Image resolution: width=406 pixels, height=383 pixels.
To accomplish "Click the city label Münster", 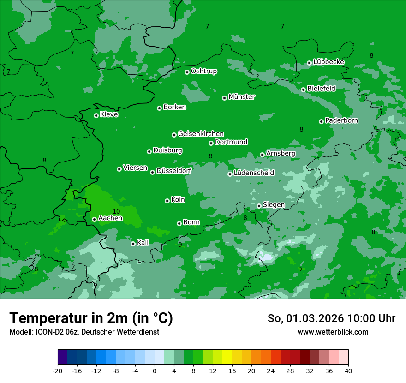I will click(x=242, y=97).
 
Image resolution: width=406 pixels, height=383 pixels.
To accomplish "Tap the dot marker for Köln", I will click(x=167, y=201).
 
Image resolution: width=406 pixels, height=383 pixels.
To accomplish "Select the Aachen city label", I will click(x=110, y=218).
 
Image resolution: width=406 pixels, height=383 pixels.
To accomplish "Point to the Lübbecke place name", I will click(x=328, y=62).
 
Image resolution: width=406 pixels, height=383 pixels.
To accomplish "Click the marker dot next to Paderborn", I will click(x=321, y=121).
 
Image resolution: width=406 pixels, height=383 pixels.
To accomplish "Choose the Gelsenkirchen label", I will click(x=201, y=134).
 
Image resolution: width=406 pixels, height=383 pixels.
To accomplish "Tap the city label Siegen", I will click(x=274, y=205).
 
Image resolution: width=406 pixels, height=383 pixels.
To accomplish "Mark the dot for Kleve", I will click(x=96, y=115).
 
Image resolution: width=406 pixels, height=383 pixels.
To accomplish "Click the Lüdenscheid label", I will click(x=254, y=173).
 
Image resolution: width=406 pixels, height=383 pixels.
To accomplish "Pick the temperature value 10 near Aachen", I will click(x=116, y=211).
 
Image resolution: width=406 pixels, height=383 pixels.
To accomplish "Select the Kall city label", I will click(x=143, y=243).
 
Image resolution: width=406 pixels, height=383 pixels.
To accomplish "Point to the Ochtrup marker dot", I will click(x=187, y=72).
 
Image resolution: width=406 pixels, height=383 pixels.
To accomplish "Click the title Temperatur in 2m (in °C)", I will click(x=91, y=318).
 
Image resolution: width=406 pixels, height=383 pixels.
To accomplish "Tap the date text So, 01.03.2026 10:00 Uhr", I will click(x=331, y=318).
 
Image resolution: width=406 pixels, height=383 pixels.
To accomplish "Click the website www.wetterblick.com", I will click(x=333, y=332).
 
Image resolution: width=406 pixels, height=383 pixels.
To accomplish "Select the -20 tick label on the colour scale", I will click(x=58, y=371).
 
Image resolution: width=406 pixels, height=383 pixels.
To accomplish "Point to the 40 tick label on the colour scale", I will click(x=348, y=371).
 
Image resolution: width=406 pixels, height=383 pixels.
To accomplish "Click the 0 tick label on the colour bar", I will click(x=155, y=371).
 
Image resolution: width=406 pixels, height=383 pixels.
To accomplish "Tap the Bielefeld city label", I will click(x=321, y=89).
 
